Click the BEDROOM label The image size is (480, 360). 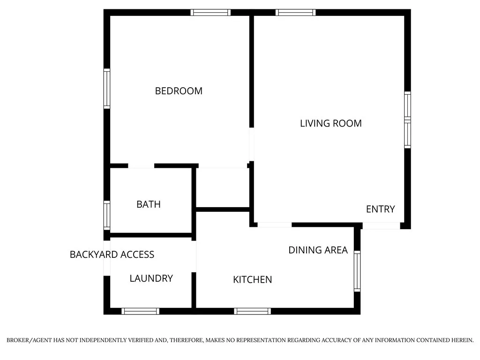click(179, 91)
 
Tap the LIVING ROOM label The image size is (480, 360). click(330, 123)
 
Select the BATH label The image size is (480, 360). click(148, 204)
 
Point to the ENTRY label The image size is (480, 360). click(380, 209)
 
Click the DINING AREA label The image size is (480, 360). click(318, 250)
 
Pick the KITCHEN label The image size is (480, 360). click(252, 280)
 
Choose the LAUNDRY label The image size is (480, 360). click(151, 278)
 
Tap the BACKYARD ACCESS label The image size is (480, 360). click(112, 255)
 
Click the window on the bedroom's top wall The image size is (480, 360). click(210, 13)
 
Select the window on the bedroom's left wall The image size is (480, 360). click(107, 89)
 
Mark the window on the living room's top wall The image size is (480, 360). click(295, 13)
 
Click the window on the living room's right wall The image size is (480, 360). click(407, 120)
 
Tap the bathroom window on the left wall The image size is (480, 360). click(107, 215)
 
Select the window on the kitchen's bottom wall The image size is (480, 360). click(253, 311)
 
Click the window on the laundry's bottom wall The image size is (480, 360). click(140, 311)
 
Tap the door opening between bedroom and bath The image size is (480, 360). click(141, 165)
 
